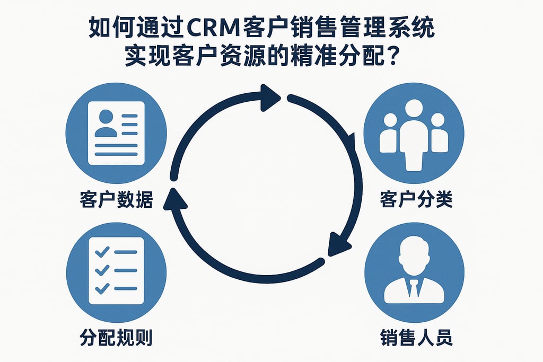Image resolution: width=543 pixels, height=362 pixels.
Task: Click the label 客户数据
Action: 116,200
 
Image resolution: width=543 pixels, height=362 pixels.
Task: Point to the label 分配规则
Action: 116,337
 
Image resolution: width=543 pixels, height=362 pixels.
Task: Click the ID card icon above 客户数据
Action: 116,133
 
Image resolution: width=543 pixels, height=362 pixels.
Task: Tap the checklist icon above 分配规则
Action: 116,270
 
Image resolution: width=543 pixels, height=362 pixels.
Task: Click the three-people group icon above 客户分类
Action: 414,133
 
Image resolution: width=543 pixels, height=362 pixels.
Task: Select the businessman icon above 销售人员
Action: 414,270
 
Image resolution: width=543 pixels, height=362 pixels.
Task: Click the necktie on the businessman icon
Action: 414,288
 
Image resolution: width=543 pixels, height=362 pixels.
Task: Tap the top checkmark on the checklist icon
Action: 101,250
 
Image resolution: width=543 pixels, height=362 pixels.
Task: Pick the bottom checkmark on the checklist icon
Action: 101,288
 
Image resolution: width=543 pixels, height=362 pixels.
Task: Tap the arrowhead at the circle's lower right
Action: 339,245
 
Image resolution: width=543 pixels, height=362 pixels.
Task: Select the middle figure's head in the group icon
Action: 414,109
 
